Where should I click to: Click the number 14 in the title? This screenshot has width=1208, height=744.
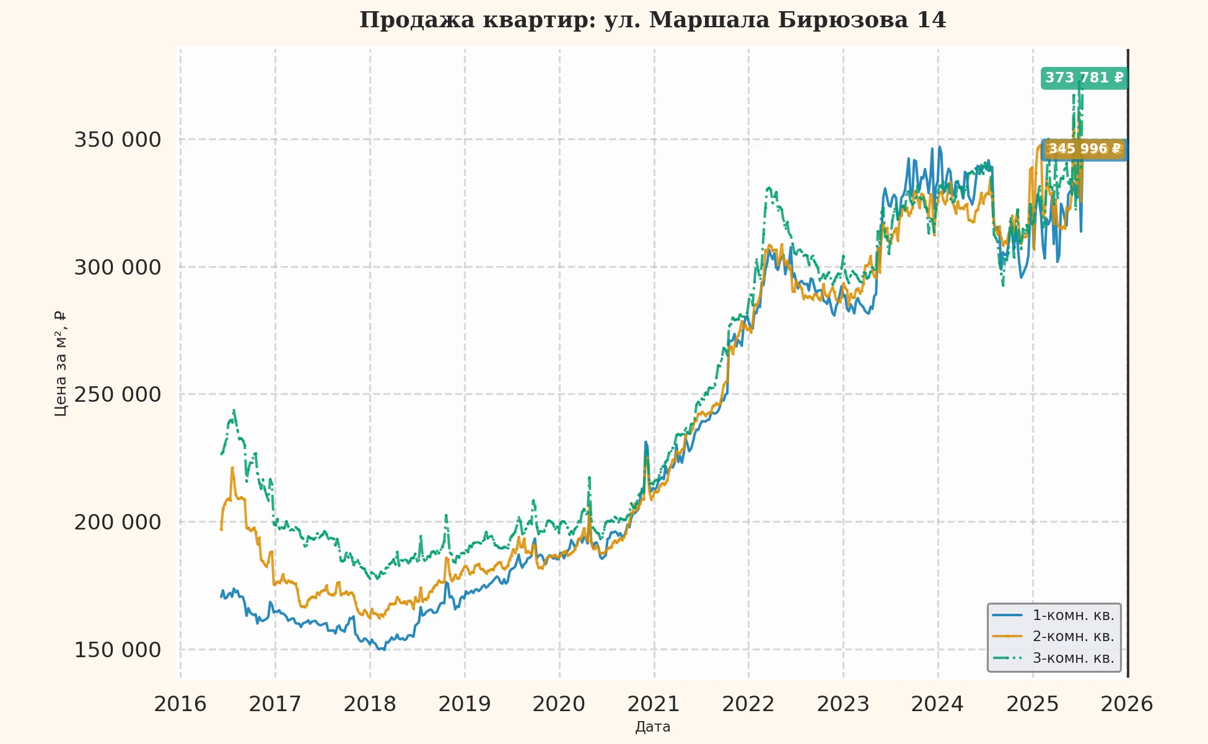click(931, 20)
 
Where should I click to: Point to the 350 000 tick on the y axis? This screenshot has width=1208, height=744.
click(118, 139)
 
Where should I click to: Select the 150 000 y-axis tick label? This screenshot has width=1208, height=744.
click(118, 650)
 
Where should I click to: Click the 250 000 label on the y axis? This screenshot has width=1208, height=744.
click(118, 394)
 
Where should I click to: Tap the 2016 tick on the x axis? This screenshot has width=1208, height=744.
click(180, 704)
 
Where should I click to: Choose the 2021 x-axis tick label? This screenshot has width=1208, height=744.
click(654, 704)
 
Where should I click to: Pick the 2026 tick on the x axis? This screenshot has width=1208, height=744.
click(1126, 704)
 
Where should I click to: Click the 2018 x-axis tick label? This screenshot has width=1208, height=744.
click(370, 704)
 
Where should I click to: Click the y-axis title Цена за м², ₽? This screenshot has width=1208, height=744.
click(60, 363)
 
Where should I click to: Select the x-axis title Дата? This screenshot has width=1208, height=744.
click(653, 727)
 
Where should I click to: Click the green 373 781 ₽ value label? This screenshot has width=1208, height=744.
click(1083, 78)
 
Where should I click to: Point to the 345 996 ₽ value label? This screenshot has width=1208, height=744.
click(1084, 149)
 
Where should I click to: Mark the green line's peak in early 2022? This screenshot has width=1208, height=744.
click(769, 187)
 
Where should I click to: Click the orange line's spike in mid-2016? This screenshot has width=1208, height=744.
click(232, 468)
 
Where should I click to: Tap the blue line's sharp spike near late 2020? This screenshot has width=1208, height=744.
click(646, 442)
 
